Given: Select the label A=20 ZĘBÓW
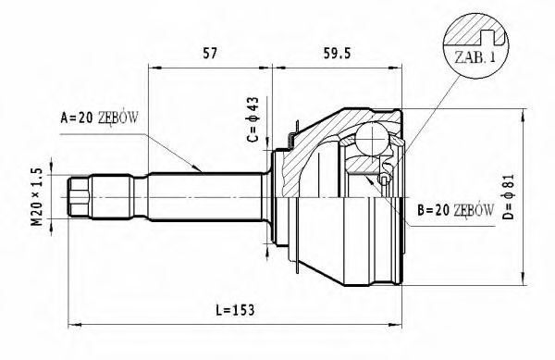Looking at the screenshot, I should (x=100, y=118).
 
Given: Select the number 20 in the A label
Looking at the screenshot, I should (x=82, y=118).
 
